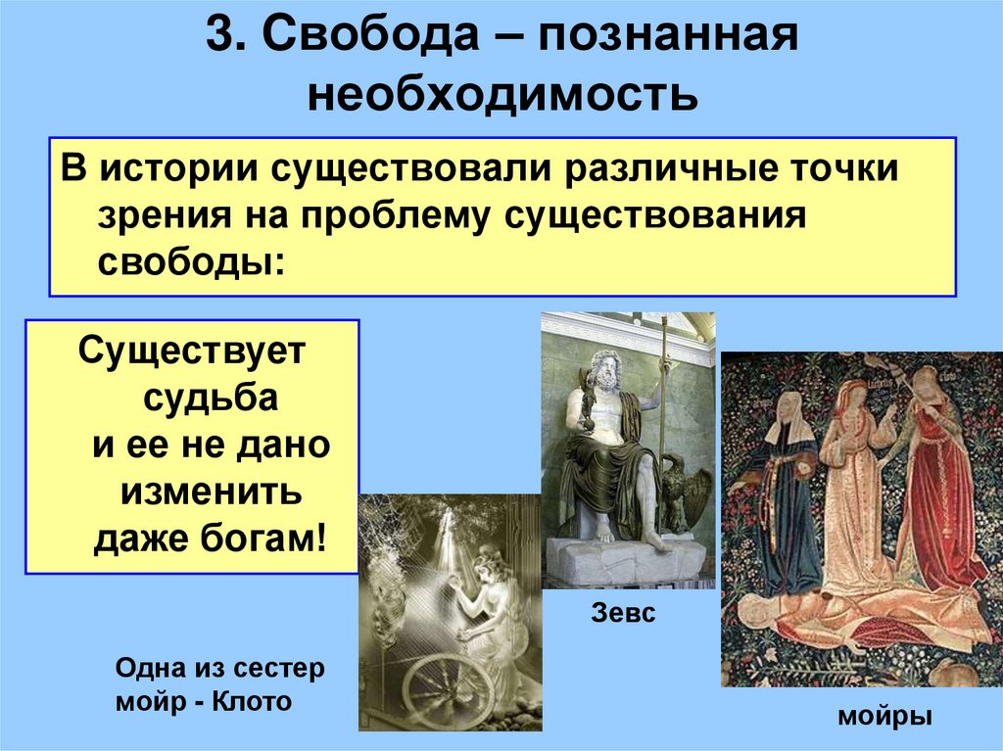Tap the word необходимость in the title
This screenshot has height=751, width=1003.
[x=501, y=95]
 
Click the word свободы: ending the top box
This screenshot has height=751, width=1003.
[x=192, y=263]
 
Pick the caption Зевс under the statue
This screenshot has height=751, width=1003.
[x=623, y=615]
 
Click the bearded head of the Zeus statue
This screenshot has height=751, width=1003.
[x=603, y=373]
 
